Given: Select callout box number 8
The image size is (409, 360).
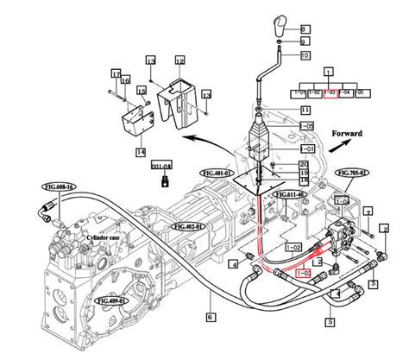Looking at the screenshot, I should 304,28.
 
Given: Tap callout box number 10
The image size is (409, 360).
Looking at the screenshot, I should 304,55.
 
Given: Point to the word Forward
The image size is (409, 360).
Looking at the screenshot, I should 347,134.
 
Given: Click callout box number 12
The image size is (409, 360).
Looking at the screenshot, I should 179,61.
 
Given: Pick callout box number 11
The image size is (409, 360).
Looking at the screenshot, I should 305,111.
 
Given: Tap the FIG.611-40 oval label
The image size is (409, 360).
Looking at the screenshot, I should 291,195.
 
